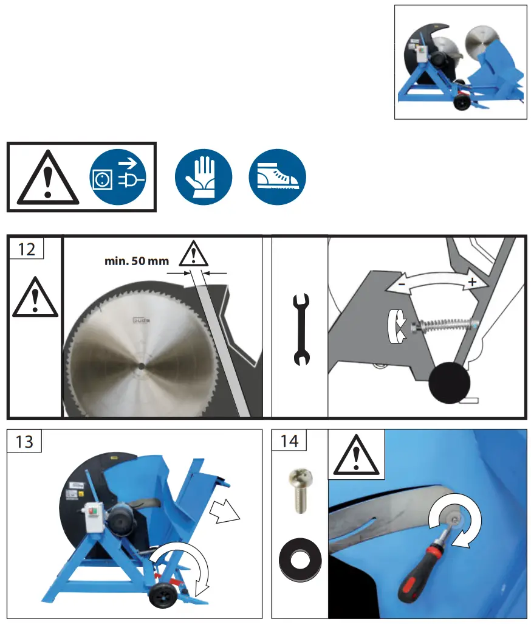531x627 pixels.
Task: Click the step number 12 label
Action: [x=26, y=249]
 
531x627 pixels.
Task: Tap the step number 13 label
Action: [x=24, y=442]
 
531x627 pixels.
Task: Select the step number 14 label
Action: [x=289, y=441]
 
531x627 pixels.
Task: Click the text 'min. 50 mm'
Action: [x=137, y=261]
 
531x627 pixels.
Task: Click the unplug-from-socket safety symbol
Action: [x=117, y=177]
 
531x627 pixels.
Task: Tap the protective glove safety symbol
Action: [x=204, y=177]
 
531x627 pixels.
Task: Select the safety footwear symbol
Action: [x=277, y=177]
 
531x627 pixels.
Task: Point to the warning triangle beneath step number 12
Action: [x=35, y=297]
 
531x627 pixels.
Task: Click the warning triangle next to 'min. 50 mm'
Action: [x=193, y=254]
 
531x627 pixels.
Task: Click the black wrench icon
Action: [x=301, y=330]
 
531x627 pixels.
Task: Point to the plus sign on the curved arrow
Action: [x=472, y=282]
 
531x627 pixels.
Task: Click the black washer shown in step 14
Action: [x=300, y=560]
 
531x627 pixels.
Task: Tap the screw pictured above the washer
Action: [x=301, y=491]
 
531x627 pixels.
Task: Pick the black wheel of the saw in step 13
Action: [x=163, y=595]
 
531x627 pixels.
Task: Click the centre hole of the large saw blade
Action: [x=141, y=366]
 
